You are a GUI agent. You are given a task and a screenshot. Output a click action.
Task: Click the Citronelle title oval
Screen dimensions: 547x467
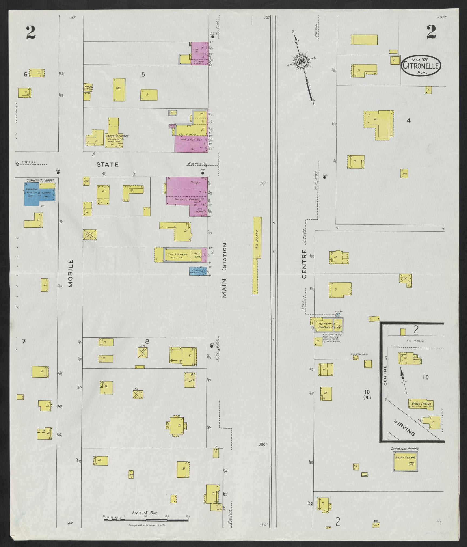pos(421,66)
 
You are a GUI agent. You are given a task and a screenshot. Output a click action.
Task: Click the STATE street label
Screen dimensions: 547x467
pos(107,164)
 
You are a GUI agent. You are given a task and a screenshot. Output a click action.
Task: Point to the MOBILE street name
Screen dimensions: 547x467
pos(71,273)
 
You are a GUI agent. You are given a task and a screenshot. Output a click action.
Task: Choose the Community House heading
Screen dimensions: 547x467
pos(40,180)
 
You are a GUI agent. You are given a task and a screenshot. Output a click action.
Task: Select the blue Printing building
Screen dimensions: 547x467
pos(198,271)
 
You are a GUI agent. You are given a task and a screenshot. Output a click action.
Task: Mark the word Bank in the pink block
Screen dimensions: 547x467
pos(199,212)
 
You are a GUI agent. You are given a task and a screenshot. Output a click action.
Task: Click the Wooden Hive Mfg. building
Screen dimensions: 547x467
pos(405,461)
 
